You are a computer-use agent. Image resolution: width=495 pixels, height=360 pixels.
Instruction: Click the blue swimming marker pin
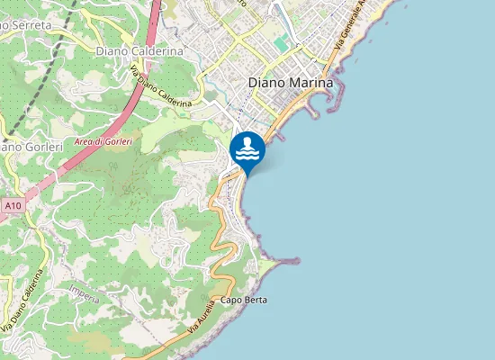click(247, 149)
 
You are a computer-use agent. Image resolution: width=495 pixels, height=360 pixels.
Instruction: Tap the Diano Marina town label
click(290, 82)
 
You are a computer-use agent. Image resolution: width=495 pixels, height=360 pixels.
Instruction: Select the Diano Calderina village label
click(139, 51)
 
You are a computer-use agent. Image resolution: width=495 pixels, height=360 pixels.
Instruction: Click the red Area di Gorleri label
click(103, 142)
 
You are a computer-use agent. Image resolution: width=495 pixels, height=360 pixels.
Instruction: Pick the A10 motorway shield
click(12, 206)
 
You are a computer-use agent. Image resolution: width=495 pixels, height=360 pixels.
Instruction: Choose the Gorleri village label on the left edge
click(31, 146)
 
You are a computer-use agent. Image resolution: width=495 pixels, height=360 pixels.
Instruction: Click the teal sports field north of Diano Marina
click(283, 42)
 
